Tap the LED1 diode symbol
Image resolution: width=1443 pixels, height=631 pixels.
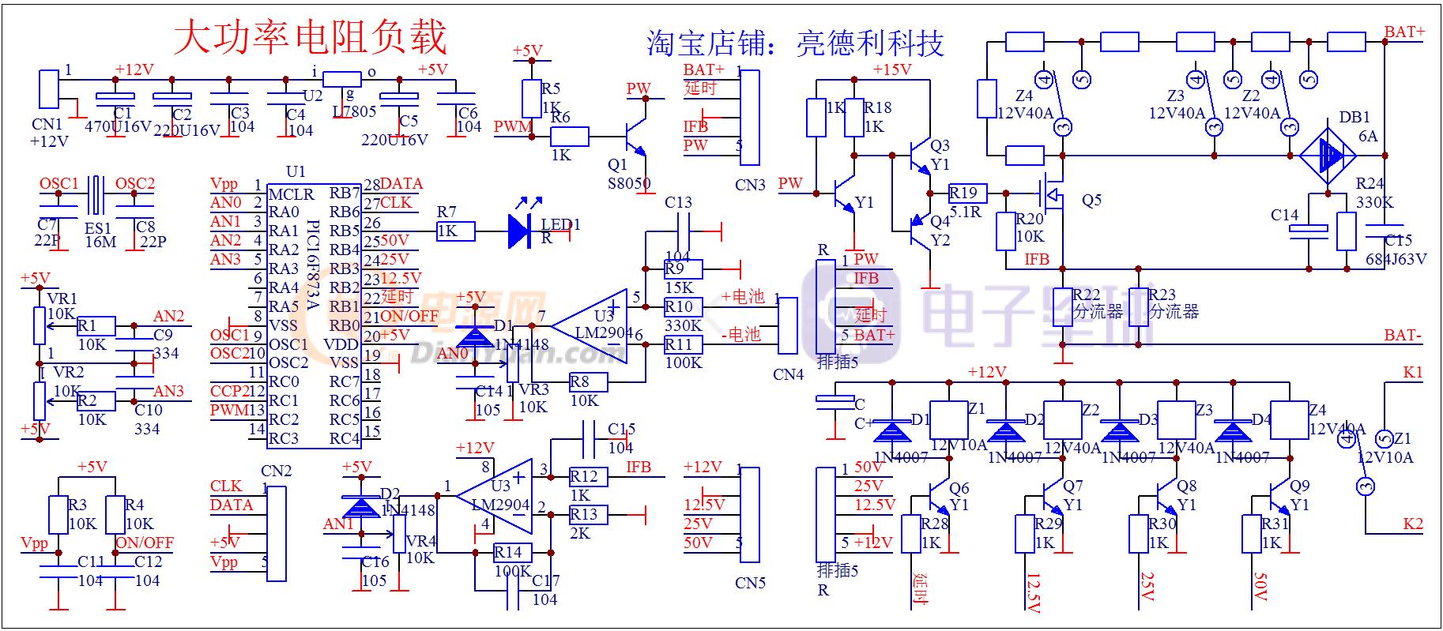pos(520,231)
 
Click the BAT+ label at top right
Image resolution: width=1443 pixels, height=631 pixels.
pos(1404,32)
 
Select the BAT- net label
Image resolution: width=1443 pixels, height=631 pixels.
pos(1403,336)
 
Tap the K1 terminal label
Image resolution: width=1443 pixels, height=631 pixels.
pos(1413,372)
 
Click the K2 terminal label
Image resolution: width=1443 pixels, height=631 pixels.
pos(1413,524)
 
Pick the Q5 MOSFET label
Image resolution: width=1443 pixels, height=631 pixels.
pos(1091,200)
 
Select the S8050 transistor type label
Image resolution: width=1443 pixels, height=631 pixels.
pos(629,183)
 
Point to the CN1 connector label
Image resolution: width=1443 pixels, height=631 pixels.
pos(47,124)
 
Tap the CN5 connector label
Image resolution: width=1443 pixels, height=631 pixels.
pos(750,584)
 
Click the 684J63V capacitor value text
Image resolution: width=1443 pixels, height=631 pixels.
pos(1396,258)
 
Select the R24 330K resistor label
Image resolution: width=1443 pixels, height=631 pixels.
pos(1374,193)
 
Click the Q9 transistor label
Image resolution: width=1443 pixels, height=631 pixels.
pos(1299,486)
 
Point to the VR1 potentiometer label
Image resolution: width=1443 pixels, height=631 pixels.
pos(62,299)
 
